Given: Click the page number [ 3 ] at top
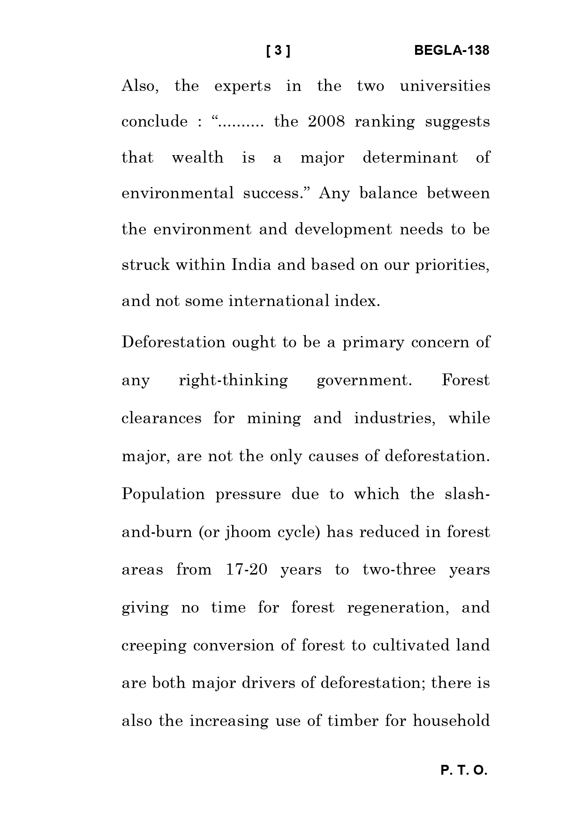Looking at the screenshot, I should [278, 51].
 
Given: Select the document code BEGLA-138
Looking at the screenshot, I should [452, 51].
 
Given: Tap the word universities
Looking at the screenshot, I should [445, 86].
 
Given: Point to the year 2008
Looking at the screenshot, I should [326, 122].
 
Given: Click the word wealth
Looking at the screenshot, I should [197, 157].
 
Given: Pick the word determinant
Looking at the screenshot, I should [410, 157].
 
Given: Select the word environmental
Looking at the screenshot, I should [177, 193].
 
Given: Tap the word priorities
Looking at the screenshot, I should [452, 265].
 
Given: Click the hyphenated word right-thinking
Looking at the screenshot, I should [233, 380].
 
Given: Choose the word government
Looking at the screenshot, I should [364, 380].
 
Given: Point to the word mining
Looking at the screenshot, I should [274, 418].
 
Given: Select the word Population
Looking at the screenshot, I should [163, 494].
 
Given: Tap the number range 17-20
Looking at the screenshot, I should [247, 570].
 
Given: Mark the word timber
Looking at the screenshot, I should [353, 721].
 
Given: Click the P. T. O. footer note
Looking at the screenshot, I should [464, 770].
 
